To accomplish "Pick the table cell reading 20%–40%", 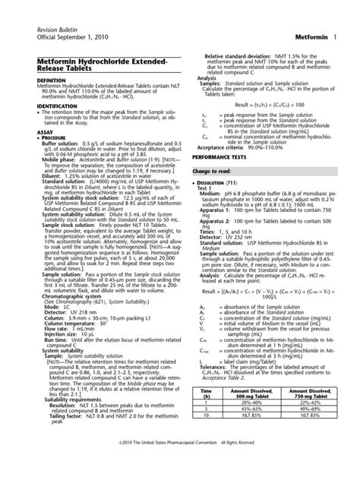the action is coord(250,424).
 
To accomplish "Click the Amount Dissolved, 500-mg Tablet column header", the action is coord(250,412).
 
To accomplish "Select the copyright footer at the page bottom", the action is coord(180,461).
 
